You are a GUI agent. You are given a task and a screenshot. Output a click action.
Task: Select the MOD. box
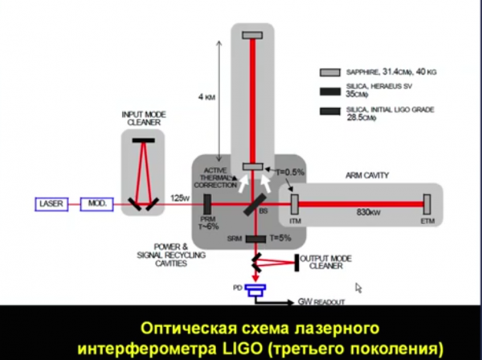point(97,205)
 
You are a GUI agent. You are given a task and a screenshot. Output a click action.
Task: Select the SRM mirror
point(255,239)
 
